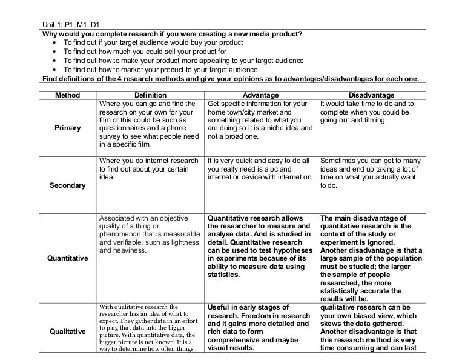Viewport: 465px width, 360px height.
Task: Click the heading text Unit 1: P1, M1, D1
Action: [x=70, y=24]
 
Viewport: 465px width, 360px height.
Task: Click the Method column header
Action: [x=67, y=95]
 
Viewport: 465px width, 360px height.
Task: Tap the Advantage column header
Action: [x=260, y=95]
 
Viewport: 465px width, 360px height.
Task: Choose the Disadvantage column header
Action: [x=372, y=95]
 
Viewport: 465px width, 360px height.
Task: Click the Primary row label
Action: [x=67, y=128]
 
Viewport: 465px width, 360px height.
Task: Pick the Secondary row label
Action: [x=67, y=185]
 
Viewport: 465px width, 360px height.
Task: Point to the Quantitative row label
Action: [x=67, y=259]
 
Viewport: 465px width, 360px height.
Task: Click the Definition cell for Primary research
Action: [x=149, y=124]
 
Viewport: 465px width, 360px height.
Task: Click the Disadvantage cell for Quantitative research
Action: [x=371, y=258]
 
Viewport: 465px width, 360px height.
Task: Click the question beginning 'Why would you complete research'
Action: [x=171, y=33]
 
